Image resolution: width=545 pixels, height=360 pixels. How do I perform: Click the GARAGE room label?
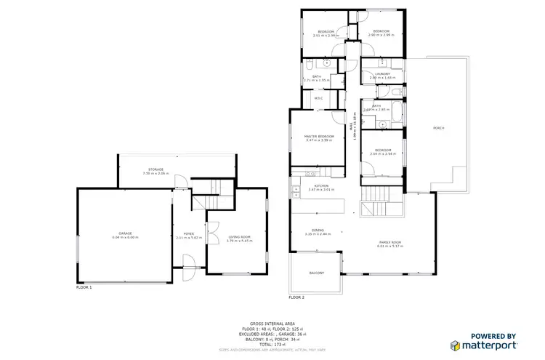pos(125,234)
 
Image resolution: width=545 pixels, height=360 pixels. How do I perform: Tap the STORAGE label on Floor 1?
pos(155,169)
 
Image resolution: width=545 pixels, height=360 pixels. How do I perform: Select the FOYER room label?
pos(189,233)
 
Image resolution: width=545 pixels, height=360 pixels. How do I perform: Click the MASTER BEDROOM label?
pos(319,136)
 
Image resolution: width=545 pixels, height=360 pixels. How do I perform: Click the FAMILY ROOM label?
pos(390,242)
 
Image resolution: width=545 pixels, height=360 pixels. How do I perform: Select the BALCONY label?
pos(316,273)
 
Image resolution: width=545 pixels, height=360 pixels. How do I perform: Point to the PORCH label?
pos(439,128)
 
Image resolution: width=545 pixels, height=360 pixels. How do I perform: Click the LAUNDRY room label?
pos(383,74)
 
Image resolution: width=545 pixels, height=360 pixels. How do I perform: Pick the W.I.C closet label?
pos(318,98)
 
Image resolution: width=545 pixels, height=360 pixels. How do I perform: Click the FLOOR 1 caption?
pos(84,287)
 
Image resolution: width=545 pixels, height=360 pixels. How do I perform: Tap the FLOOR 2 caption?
pos(296,297)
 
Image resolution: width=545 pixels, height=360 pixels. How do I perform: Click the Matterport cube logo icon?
pos(454,345)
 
